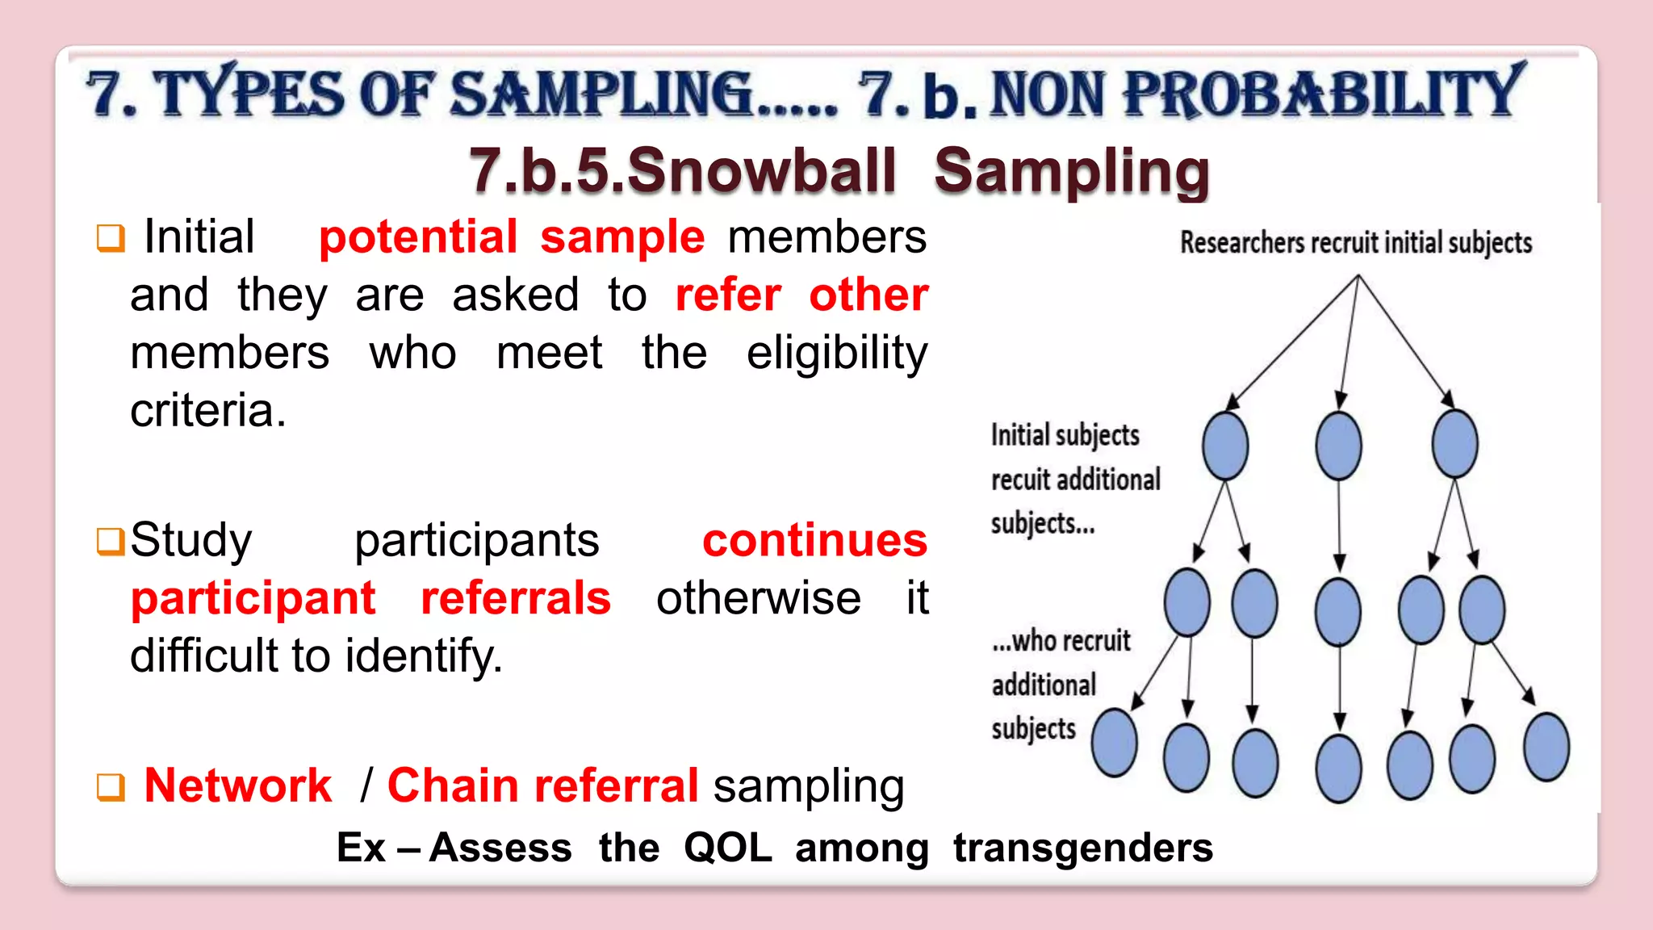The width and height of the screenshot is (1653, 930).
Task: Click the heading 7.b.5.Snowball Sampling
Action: pyautogui.click(x=839, y=171)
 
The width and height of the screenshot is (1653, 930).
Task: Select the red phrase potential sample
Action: pyautogui.click(x=512, y=237)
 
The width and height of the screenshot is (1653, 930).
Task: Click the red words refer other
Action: pyautogui.click(x=801, y=295)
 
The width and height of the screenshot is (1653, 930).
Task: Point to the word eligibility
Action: pyautogui.click(x=837, y=354)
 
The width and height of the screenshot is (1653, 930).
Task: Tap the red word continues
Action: pyautogui.click(x=814, y=540)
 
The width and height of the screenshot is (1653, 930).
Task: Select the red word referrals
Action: pyautogui.click(x=516, y=598)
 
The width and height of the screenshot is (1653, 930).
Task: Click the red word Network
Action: pyautogui.click(x=237, y=785)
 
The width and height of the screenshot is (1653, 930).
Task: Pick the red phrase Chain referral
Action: pyautogui.click(x=542, y=785)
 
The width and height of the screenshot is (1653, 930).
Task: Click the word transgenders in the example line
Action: pyautogui.click(x=1082, y=848)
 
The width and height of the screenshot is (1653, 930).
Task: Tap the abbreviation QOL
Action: pyautogui.click(x=727, y=848)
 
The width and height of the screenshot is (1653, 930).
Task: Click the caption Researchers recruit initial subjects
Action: pyautogui.click(x=1355, y=242)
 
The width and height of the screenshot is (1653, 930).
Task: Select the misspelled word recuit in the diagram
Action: pyautogui.click(x=1021, y=480)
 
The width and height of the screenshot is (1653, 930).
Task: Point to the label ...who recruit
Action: pyautogui.click(x=1061, y=641)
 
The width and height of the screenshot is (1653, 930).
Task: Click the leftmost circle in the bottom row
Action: pyautogui.click(x=1114, y=743)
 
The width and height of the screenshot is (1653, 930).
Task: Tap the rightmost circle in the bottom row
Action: pyautogui.click(x=1546, y=747)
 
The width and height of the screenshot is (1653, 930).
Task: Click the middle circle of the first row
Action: pyautogui.click(x=1338, y=446)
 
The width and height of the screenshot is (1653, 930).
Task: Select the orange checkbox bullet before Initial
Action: pyautogui.click(x=111, y=238)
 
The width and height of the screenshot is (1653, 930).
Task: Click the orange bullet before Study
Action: pyautogui.click(x=111, y=542)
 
